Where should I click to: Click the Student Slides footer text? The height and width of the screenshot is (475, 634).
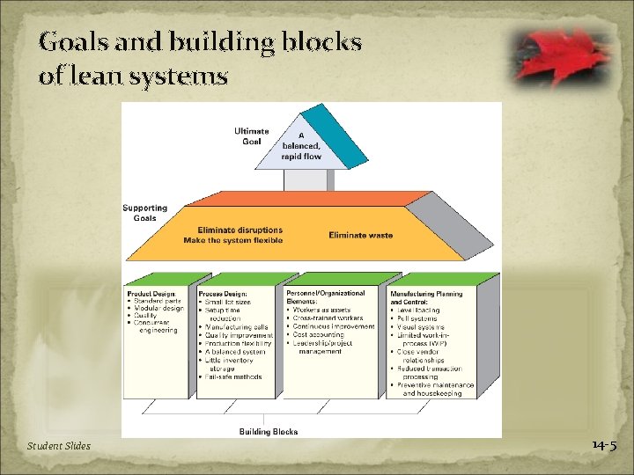click(x=58, y=446)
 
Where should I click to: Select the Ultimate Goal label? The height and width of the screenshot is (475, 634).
click(x=252, y=136)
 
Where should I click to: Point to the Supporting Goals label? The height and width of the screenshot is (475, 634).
click(x=145, y=213)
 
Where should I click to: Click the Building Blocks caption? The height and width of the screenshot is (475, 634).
click(x=269, y=431)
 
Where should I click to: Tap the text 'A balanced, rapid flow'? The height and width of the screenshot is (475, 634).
click(x=301, y=146)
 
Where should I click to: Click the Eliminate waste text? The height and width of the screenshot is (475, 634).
click(x=361, y=235)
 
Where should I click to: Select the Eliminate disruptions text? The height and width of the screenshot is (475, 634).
click(x=240, y=230)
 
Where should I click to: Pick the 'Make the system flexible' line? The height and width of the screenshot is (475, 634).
click(x=233, y=240)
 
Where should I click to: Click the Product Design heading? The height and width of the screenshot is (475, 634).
click(x=152, y=294)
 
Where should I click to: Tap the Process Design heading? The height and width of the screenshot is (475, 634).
click(x=223, y=294)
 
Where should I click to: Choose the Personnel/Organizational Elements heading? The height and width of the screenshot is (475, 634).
click(x=326, y=296)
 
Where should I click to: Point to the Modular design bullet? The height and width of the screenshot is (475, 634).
click(x=158, y=309)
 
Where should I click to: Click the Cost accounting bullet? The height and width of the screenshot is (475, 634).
click(x=321, y=334)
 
